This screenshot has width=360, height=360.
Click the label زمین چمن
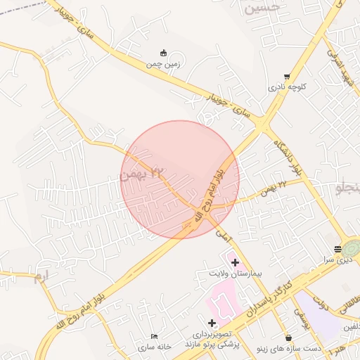pos(163,64)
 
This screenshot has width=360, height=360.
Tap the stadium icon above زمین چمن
pos(164,53)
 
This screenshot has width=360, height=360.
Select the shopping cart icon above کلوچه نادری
pos(286,77)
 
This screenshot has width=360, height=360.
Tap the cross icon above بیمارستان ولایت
pos(235,262)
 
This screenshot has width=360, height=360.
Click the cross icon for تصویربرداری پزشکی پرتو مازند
pos(212,323)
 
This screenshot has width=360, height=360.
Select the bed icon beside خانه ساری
pos(155,337)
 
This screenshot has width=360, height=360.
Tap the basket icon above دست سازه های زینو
pos(288,337)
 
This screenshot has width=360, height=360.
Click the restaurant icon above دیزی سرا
pos(337,249)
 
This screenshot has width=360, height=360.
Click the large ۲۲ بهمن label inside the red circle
pos(141,173)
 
